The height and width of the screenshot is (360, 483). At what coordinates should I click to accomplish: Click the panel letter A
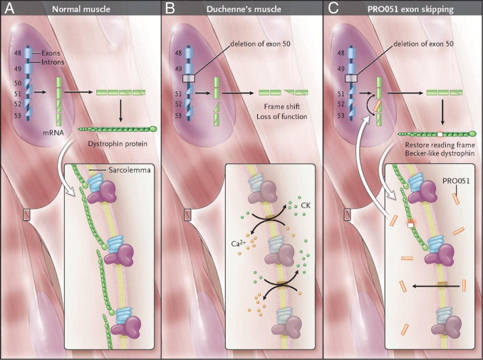pos(9,9)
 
